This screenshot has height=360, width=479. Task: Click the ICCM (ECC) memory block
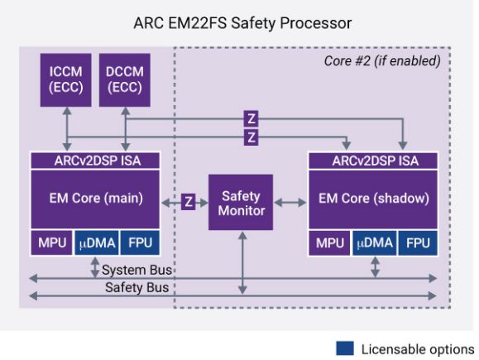65,80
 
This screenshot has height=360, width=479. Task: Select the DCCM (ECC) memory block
125,80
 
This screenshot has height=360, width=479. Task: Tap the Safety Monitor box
241,202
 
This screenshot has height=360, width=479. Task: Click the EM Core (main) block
95,199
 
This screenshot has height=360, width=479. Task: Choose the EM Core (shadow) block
373,199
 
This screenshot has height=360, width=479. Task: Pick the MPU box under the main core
52,243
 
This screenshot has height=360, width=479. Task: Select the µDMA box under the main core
97,243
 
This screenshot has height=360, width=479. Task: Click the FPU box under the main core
140,243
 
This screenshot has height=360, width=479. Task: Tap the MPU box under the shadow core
329,243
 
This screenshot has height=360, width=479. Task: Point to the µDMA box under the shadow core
375,243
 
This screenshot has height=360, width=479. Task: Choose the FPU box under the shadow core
418,243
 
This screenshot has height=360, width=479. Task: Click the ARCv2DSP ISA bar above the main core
95,161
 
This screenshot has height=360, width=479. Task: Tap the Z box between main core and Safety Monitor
188,202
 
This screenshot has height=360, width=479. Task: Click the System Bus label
137,270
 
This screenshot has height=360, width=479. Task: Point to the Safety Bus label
137,287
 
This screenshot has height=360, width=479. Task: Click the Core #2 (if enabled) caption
382,61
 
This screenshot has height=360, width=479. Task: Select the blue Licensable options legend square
345,348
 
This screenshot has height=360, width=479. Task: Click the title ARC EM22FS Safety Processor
242,23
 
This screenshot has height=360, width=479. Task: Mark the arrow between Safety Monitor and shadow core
290,202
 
